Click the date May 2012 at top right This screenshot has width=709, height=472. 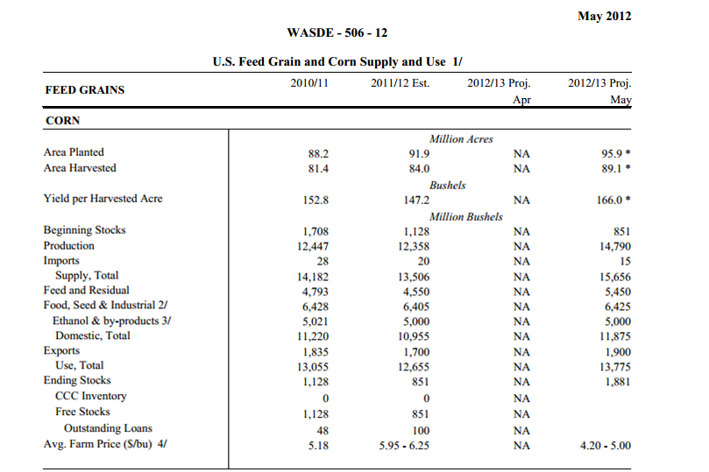pyautogui.click(x=604, y=17)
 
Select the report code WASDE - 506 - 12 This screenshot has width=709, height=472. pyautogui.click(x=337, y=33)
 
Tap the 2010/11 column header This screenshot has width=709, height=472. pyautogui.click(x=309, y=83)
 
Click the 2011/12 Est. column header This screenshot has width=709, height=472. pyautogui.click(x=401, y=83)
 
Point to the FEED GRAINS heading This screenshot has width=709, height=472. pyautogui.click(x=84, y=90)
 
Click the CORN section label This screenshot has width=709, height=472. pyautogui.click(x=63, y=121)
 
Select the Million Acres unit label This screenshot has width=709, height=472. pyautogui.click(x=461, y=139)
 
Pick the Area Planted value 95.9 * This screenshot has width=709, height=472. pyautogui.click(x=616, y=153)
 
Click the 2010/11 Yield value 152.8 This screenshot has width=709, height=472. pyautogui.click(x=316, y=200)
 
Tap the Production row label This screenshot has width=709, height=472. pyautogui.click(x=69, y=246)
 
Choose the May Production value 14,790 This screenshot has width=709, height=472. pyautogui.click(x=615, y=247)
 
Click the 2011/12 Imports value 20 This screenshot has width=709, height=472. pyautogui.click(x=423, y=262)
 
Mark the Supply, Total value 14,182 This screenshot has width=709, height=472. pyautogui.click(x=313, y=277)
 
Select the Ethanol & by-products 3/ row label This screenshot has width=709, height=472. pyautogui.click(x=111, y=321)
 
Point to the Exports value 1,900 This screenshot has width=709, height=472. pyautogui.click(x=618, y=352)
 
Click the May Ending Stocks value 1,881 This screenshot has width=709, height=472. pyautogui.click(x=618, y=382)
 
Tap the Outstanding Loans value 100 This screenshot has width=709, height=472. pyautogui.click(x=421, y=431)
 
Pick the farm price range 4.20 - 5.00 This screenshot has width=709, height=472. pyautogui.click(x=606, y=446)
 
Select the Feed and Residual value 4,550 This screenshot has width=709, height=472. pyautogui.click(x=416, y=292)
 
